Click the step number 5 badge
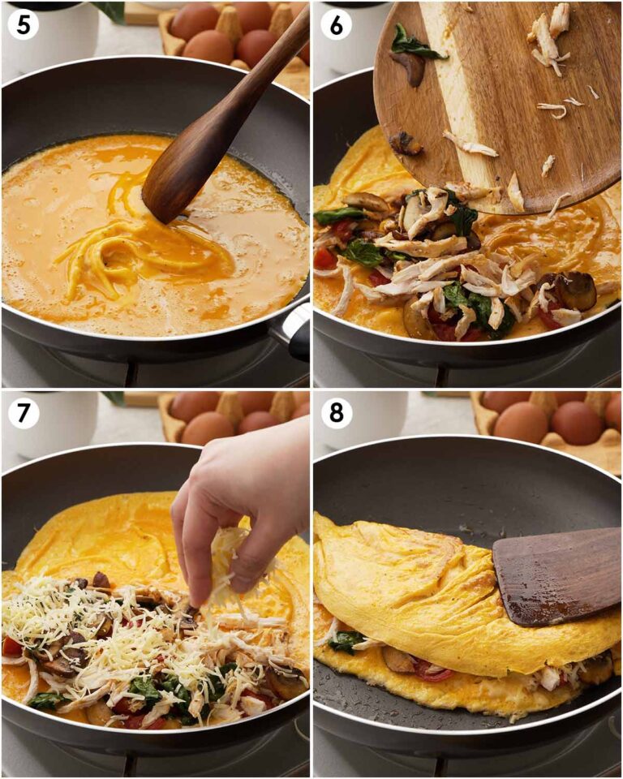tap(24, 24)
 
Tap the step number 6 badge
tap(336, 24)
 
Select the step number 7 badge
tap(24, 413)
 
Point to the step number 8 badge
tap(336, 413)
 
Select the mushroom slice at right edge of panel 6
tap(576, 291)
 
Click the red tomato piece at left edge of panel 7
tap(11, 646)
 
